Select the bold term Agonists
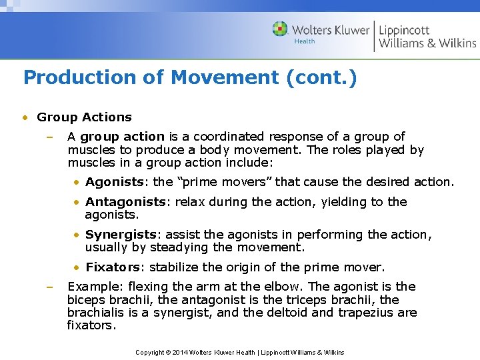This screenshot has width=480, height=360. [x=114, y=182]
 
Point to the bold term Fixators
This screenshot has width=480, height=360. [x=113, y=267]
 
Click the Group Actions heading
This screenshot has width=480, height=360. [x=84, y=117]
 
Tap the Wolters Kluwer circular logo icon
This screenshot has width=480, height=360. [x=281, y=29]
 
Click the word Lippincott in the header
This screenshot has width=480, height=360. [x=404, y=30]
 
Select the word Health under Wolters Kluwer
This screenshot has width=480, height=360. [x=305, y=41]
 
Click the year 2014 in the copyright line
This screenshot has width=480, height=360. [x=179, y=352]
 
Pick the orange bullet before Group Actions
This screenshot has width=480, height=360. [x=25, y=117]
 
